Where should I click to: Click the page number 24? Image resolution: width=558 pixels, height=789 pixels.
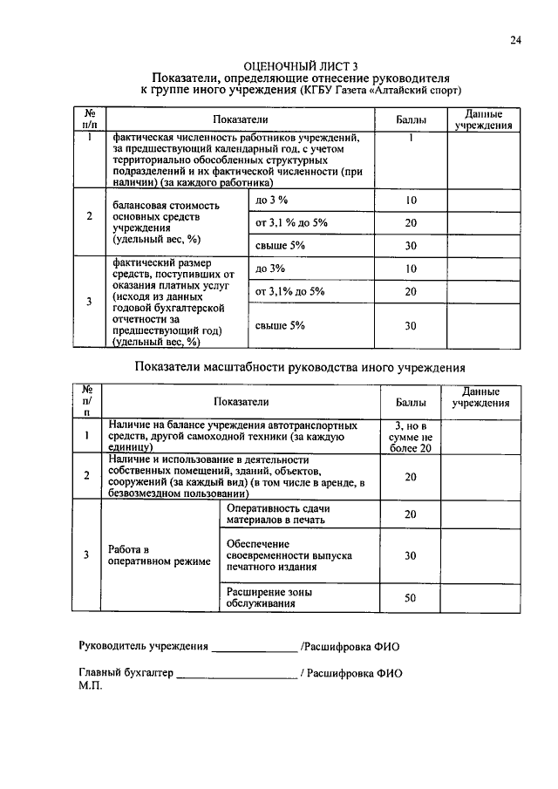tap(515, 40)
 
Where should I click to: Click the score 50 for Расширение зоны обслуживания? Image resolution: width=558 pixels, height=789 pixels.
tap(411, 598)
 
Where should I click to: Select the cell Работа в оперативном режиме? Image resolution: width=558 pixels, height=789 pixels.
tap(158, 555)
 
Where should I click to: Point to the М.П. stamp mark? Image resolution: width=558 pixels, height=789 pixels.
tap(91, 686)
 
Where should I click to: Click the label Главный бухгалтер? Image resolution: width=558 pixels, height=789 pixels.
tap(126, 674)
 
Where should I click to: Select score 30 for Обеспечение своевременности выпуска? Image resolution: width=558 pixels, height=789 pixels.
tap(411, 555)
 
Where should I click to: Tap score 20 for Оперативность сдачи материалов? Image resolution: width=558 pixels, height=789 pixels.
tap(411, 514)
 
